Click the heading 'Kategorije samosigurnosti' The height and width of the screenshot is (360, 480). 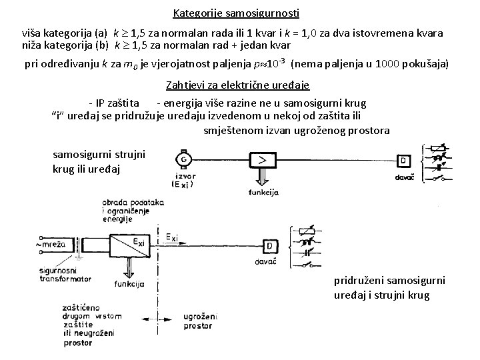coord(236,13)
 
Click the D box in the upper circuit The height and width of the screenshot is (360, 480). coord(404,161)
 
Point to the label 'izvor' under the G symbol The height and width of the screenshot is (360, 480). coord(181,177)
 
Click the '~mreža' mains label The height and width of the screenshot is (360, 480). coord(53,245)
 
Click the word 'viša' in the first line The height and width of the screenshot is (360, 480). coord(34,33)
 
